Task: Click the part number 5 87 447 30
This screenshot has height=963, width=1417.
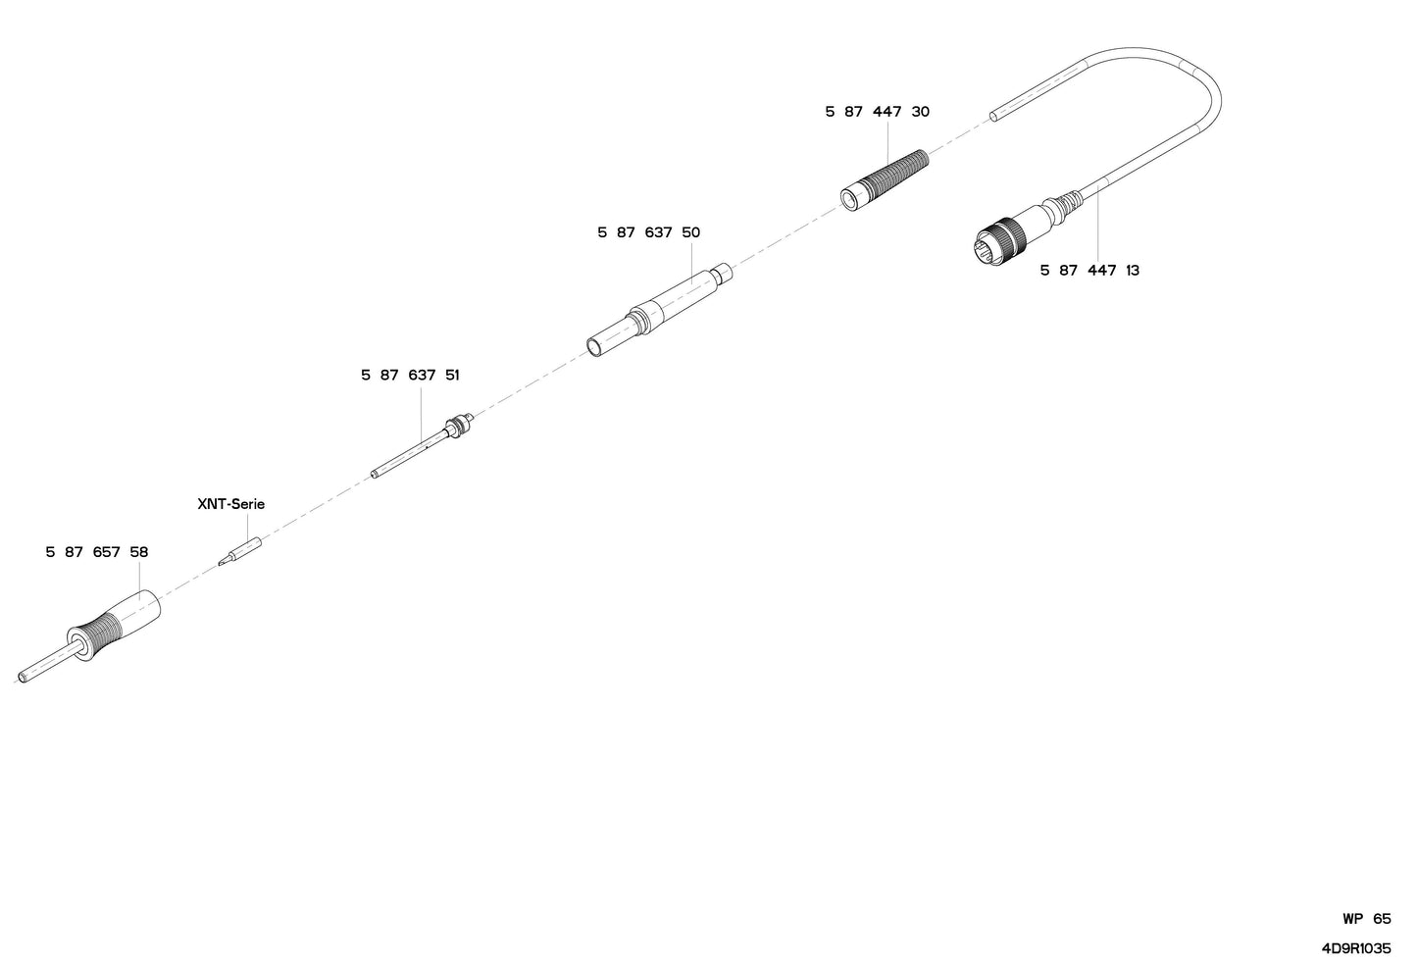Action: pyautogui.click(x=878, y=112)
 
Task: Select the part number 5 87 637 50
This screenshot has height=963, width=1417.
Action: pyautogui.click(x=649, y=232)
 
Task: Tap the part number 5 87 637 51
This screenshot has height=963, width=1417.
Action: pyautogui.click(x=410, y=376)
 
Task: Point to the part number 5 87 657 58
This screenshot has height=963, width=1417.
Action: pyautogui.click(x=97, y=552)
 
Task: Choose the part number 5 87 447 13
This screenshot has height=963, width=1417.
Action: pyautogui.click(x=1089, y=271)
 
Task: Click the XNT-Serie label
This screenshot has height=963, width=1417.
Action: pyautogui.click(x=230, y=504)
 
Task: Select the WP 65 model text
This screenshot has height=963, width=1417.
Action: pyautogui.click(x=1367, y=919)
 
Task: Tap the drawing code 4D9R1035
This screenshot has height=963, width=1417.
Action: pyautogui.click(x=1356, y=948)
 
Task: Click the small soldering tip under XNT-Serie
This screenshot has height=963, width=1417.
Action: pyautogui.click(x=239, y=551)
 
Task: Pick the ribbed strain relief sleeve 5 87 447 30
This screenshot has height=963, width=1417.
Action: pyautogui.click(x=885, y=179)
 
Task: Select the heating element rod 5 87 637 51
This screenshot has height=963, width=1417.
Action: pyautogui.click(x=423, y=445)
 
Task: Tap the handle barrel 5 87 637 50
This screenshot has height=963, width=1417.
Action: pyautogui.click(x=659, y=310)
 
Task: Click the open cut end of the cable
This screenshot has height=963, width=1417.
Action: pyautogui.click(x=995, y=117)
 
